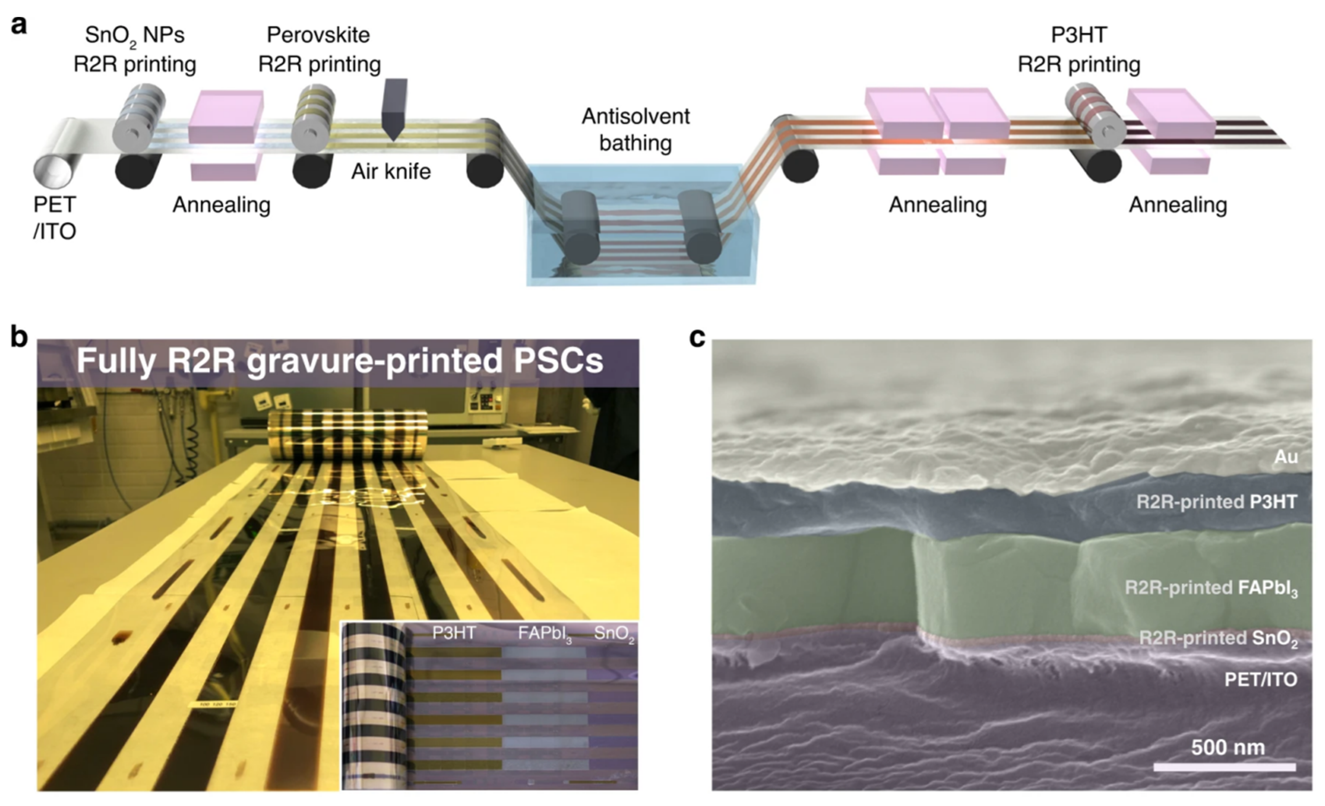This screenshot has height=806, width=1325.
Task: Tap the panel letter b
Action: tap(19, 338)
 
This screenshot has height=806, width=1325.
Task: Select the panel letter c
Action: tap(697, 338)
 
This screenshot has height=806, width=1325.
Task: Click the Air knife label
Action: tap(391, 171)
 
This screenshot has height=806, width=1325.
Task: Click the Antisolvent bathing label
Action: tap(636, 130)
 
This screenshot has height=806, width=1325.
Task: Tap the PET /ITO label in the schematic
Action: tap(54, 218)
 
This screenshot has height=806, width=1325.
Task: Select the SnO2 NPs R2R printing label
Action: tap(134, 50)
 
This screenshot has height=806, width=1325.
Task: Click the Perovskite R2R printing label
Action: tap(319, 50)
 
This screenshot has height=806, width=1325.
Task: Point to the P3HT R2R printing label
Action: tap(1079, 50)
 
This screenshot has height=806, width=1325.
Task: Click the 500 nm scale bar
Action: tap(1224, 766)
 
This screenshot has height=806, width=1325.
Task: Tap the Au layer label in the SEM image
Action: tap(1286, 456)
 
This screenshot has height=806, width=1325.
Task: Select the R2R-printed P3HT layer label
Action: tap(1216, 502)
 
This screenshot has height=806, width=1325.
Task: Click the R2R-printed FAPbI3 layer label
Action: tap(1211, 588)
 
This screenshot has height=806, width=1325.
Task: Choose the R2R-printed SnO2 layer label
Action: tap(1218, 638)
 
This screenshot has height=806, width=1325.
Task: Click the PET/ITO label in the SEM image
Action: tap(1261, 680)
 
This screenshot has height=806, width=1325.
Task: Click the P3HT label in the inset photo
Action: tap(454, 633)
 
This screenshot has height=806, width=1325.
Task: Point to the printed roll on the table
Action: tap(348, 436)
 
